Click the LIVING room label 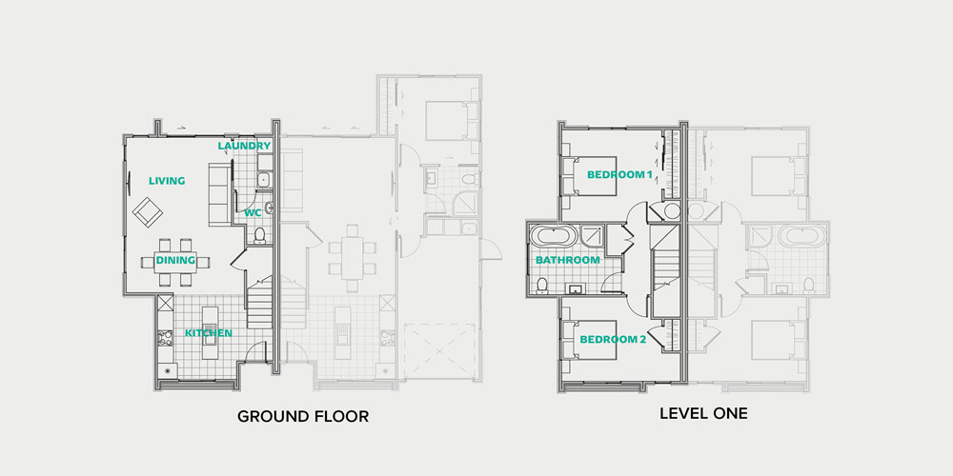click(167, 180)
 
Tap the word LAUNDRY click(244, 146)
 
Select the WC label click(253, 212)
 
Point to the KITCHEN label click(209, 332)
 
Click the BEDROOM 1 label click(619, 174)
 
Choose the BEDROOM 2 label click(613, 340)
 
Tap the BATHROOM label click(568, 260)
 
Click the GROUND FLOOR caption click(303, 417)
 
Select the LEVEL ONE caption click(704, 414)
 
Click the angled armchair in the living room click(148, 211)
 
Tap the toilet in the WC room click(259, 235)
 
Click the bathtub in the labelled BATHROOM click(553, 235)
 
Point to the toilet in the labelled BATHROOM click(542, 285)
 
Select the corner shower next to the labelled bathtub click(593, 235)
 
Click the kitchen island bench click(211, 332)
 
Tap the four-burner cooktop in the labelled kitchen click(165, 338)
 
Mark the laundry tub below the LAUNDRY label click(264, 179)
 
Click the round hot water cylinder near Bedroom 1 click(672, 211)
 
